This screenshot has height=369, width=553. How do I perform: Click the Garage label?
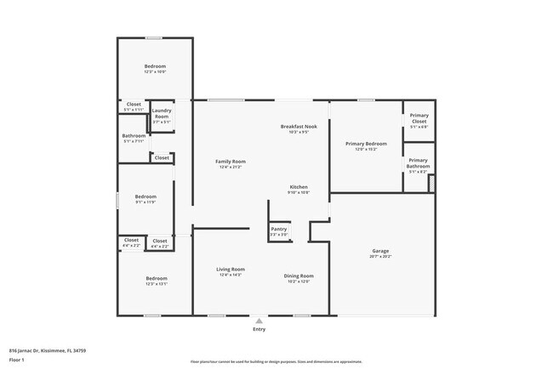(x=380, y=251)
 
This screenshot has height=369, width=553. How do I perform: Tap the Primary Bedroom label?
(x=366, y=144)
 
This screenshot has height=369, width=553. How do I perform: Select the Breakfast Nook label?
(x=299, y=127)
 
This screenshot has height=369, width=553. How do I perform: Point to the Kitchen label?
(x=299, y=187)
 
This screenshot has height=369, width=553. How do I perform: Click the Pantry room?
(x=278, y=230)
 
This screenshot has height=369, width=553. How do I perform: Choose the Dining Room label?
(x=299, y=275)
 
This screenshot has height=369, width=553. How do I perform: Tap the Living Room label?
(x=230, y=270)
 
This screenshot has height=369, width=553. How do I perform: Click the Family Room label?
(x=230, y=162)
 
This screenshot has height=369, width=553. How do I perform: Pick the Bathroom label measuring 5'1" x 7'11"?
(x=134, y=136)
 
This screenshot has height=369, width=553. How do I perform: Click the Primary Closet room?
(x=419, y=119)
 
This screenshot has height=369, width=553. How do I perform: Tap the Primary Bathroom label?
(x=418, y=163)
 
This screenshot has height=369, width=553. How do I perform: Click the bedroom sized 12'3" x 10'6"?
(x=155, y=66)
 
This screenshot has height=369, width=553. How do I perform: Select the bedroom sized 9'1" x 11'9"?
(x=145, y=197)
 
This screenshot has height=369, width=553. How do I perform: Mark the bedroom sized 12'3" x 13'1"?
(x=156, y=279)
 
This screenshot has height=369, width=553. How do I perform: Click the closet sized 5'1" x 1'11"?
(x=134, y=106)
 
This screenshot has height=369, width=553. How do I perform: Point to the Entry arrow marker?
(x=259, y=321)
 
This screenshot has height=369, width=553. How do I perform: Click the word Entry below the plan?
(x=259, y=329)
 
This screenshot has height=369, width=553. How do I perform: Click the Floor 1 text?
(x=17, y=360)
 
